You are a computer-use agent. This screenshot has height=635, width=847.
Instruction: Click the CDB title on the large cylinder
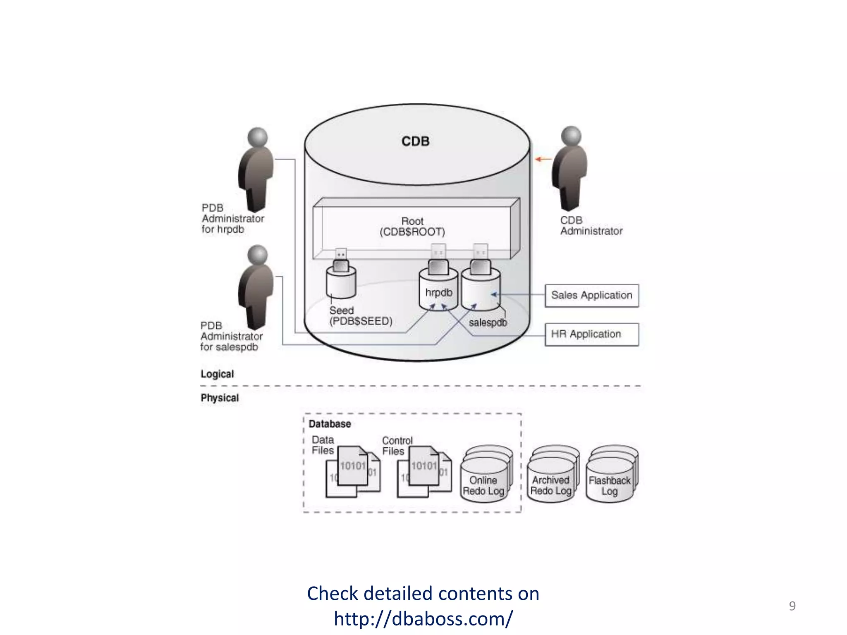[415, 141]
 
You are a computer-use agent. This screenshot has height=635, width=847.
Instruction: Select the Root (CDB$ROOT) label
[412, 227]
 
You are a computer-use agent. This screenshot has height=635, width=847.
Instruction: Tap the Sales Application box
[591, 295]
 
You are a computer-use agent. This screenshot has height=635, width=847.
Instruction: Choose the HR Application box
[591, 334]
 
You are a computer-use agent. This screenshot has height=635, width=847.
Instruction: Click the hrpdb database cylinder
[438, 291]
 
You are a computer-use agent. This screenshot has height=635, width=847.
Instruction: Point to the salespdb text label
[488, 322]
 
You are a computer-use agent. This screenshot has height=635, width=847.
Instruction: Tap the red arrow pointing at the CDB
[543, 159]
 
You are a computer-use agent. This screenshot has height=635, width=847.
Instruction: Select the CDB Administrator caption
[591, 226]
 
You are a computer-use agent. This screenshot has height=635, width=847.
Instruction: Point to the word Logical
[217, 374]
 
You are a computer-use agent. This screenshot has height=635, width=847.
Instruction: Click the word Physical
[220, 398]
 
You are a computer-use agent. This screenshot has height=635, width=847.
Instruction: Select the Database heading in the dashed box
[330, 424]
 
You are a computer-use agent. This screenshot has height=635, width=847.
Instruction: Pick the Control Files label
[397, 446]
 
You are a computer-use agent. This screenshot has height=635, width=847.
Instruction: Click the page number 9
[792, 606]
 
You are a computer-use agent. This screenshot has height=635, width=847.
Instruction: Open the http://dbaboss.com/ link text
[423, 618]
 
